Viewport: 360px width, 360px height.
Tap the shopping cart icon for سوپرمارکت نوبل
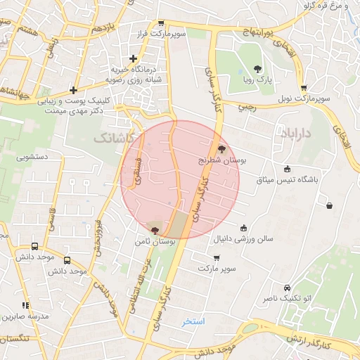303,88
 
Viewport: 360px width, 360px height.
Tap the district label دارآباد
297,132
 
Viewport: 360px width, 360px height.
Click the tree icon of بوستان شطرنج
222,148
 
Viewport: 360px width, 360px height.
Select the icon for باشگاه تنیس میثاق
286,169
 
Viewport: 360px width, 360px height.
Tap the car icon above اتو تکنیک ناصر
287,288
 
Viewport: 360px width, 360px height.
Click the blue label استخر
193,321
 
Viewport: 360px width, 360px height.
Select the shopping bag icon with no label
329,206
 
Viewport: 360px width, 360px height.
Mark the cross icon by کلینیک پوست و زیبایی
74,90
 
